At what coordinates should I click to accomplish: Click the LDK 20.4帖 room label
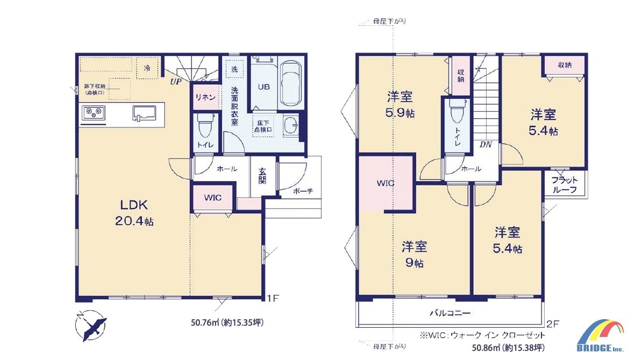[x=134, y=213]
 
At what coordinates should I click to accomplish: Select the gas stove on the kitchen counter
[x=94, y=113]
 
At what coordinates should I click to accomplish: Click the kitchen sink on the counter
[x=144, y=113]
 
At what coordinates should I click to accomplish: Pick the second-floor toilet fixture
[x=457, y=111]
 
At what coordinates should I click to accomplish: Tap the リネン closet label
[x=205, y=97]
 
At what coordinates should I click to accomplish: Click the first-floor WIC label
[x=213, y=197]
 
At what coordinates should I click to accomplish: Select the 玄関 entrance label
[x=262, y=176]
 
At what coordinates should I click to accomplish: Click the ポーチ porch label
[x=303, y=191]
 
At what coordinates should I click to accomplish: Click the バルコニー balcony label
[x=450, y=313]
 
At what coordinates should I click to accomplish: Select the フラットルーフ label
[x=565, y=185]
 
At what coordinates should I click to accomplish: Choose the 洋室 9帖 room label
[x=414, y=254]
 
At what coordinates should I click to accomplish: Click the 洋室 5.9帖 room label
[x=399, y=104]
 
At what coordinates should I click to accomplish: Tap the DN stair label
[x=486, y=145]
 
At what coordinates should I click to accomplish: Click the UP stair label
[x=175, y=82]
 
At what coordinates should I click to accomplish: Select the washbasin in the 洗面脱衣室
[x=291, y=126]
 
